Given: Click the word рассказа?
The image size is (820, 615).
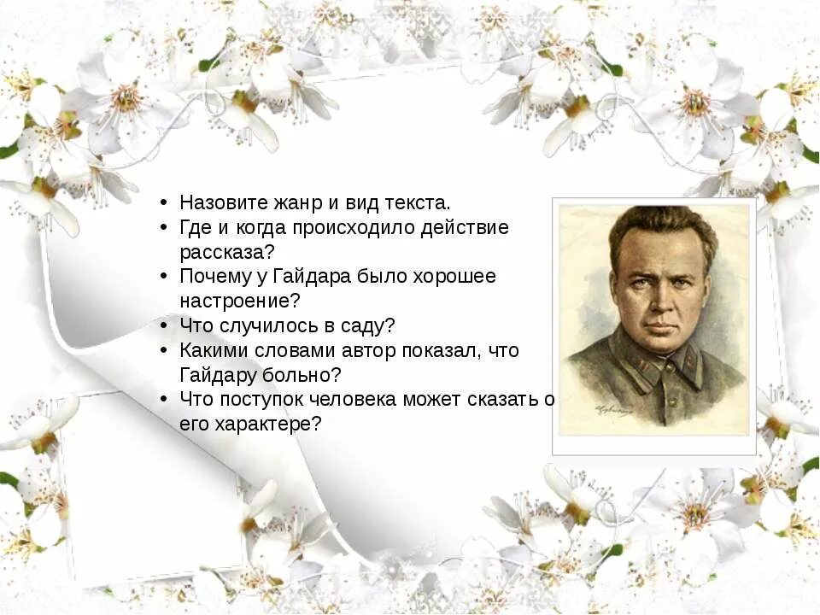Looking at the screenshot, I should click(226, 252).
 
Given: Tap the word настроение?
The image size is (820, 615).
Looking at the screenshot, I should click(240, 302).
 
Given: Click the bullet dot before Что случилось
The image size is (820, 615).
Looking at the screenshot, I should click(163, 326).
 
